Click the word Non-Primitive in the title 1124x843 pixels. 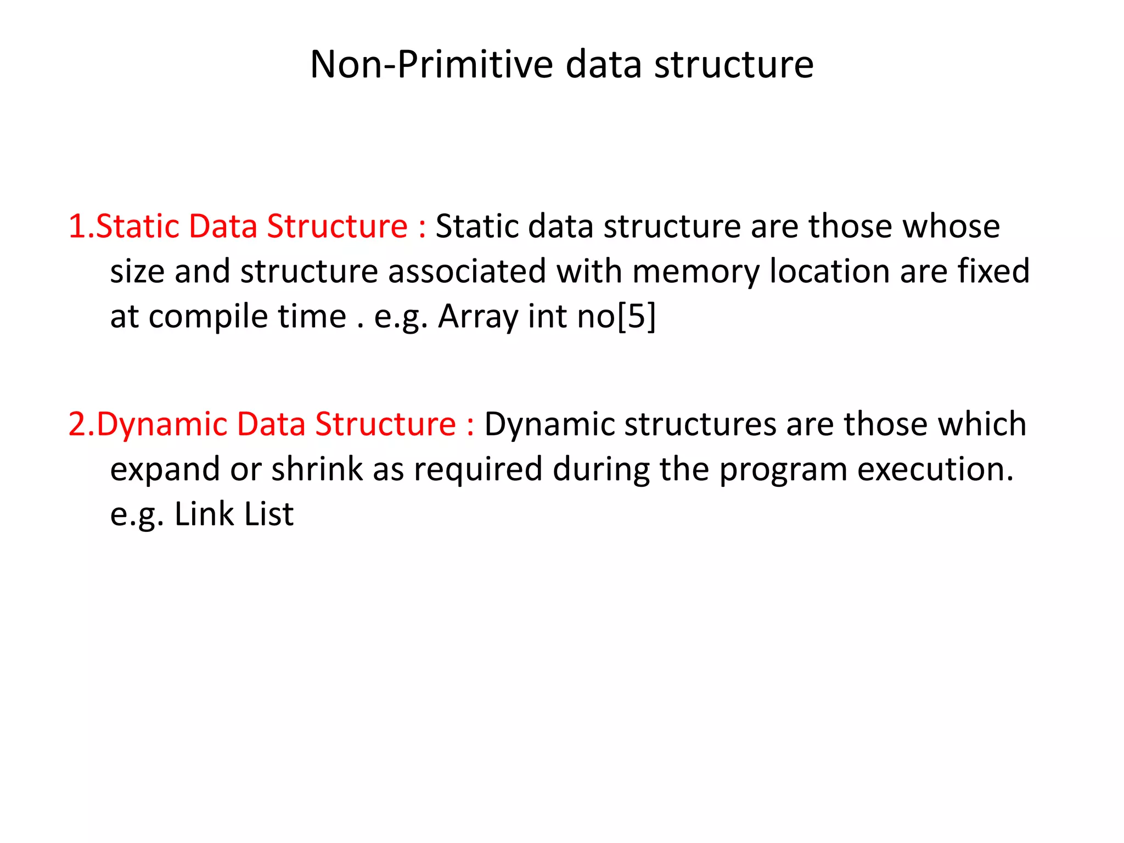click(431, 65)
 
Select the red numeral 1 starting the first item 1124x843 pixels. click(77, 227)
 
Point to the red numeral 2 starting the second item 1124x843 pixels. click(77, 424)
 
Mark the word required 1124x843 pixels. click(478, 470)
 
